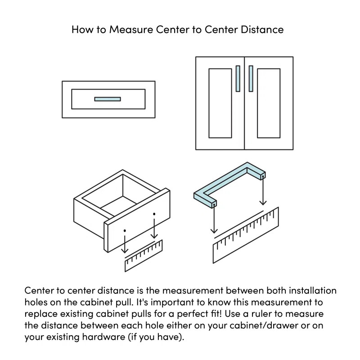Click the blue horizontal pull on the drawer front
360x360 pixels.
[108, 99]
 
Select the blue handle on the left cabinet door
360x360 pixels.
[238, 78]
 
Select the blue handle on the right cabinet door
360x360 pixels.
[251, 78]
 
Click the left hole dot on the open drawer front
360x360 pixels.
[125, 229]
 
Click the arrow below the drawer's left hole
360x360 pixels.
[125, 243]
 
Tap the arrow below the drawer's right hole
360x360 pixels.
[154, 227]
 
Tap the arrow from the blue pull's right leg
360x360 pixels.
[263, 191]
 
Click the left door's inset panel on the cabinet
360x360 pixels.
[220, 103]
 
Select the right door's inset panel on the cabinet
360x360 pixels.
[269, 103]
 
